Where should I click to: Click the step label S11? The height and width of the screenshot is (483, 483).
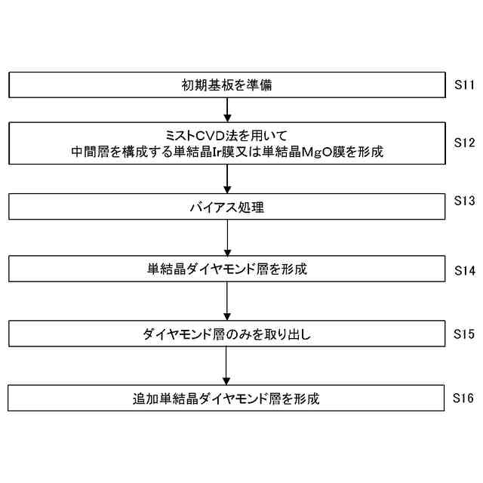(x=463, y=85)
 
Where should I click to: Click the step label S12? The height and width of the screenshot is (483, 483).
(x=463, y=141)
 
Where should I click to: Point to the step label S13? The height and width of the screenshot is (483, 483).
(x=463, y=201)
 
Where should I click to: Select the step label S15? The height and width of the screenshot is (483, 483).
(x=463, y=332)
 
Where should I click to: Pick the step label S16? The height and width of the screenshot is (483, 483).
(x=463, y=396)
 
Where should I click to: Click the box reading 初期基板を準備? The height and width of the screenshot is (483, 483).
(x=226, y=85)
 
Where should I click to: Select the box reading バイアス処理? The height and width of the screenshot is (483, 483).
(x=226, y=206)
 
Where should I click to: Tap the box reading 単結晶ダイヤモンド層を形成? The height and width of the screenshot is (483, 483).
(x=226, y=269)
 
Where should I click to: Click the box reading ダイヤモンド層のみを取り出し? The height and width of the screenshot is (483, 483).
(x=226, y=334)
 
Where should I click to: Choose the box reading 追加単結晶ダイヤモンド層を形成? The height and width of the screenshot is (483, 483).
(x=226, y=398)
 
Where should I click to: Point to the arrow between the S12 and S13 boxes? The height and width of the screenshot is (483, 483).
(x=227, y=178)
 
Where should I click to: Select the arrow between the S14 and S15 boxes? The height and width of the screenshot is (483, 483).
(x=227, y=301)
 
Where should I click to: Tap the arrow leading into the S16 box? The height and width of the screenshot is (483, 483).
(x=227, y=366)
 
